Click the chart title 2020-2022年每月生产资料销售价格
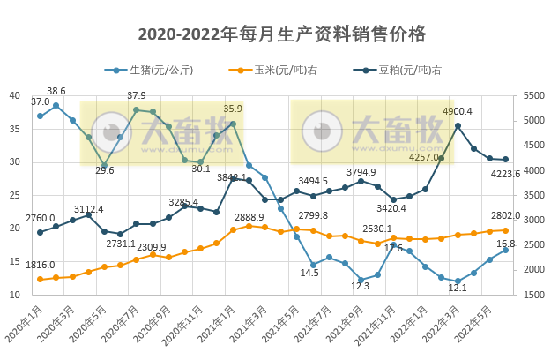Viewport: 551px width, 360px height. pyautogui.click(x=282, y=34)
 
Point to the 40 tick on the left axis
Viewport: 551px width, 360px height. pyautogui.click(x=15, y=95)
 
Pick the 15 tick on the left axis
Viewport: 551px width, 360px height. pyautogui.click(x=15, y=261)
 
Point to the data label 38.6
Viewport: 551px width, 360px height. pyautogui.click(x=56, y=91)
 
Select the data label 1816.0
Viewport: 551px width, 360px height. pyautogui.click(x=40, y=265)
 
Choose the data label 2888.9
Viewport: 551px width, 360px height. pyautogui.click(x=249, y=216)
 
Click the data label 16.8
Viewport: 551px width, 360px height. pyautogui.click(x=506, y=244)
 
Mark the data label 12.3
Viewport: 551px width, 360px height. pyautogui.click(x=360, y=285)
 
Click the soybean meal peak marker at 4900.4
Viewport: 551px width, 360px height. pyautogui.click(x=458, y=125)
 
